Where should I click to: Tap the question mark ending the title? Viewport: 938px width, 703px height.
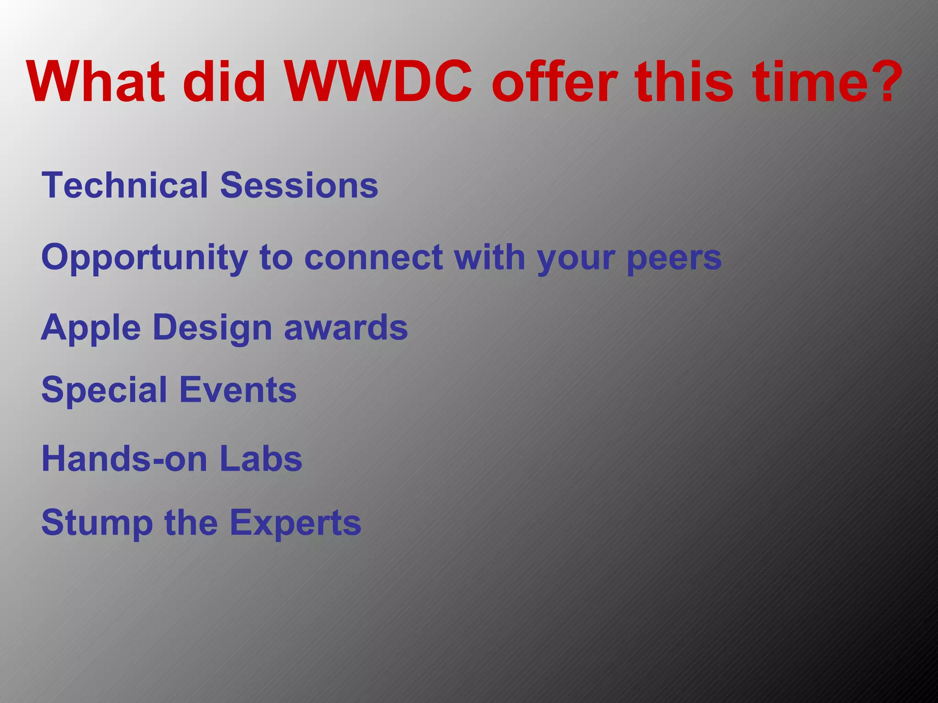[886, 82]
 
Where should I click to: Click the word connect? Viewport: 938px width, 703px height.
[373, 258]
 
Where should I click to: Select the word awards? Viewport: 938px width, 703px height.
[346, 328]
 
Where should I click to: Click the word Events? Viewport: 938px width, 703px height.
[238, 390]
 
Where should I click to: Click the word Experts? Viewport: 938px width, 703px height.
[295, 523]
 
